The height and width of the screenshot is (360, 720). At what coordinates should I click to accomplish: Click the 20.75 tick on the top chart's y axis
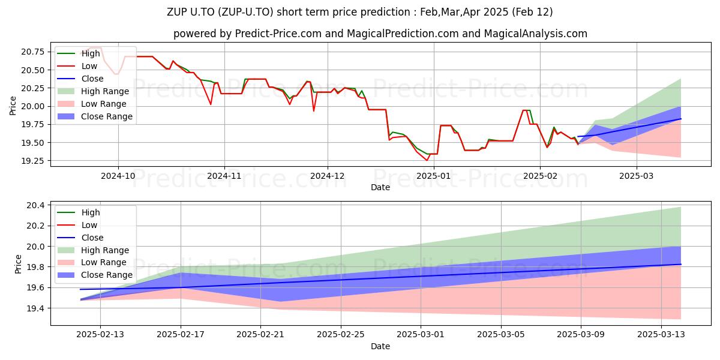coord(33,52)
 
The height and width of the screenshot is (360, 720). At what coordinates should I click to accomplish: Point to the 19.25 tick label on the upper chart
coord(33,161)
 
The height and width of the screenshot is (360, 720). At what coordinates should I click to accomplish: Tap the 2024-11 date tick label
coord(224,176)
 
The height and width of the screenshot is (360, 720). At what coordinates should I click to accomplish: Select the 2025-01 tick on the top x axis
coord(434,176)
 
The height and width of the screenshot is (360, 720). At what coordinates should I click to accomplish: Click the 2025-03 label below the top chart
coord(637,176)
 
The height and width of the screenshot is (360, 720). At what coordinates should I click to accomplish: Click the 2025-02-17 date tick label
coord(181,335)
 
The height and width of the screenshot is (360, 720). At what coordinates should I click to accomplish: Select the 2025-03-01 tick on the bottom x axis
coord(421,335)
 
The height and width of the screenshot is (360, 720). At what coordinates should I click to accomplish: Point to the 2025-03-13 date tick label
coord(661,335)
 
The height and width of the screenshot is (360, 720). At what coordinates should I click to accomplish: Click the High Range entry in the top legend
coord(93,91)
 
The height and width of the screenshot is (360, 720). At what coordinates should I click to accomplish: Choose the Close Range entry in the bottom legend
coord(95,275)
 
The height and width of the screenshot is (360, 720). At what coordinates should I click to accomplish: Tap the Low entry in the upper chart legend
coord(77,66)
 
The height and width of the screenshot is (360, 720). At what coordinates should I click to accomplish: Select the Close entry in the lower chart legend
coord(80,238)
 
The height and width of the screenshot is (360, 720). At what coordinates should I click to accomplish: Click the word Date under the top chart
coord(380,187)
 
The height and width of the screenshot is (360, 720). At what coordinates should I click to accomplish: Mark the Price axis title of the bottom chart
coord(18,264)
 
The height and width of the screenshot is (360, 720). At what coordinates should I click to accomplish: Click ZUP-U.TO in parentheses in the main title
coord(245,12)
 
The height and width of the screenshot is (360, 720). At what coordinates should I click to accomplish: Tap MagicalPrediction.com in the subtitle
coord(403,34)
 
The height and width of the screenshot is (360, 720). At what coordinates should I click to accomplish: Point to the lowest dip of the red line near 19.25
coord(427,160)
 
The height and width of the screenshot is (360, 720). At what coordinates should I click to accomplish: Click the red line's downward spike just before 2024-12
coord(314,111)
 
